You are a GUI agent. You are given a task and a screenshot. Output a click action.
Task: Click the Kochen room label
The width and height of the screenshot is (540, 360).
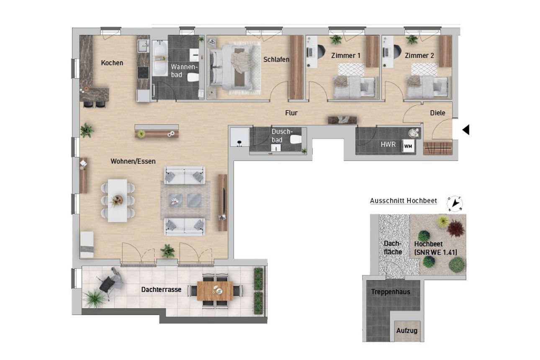pyautogui.click(x=112, y=63)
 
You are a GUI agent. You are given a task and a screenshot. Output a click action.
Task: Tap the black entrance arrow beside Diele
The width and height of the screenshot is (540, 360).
pyautogui.click(x=465, y=130)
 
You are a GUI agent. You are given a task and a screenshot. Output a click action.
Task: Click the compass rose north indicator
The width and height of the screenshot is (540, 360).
pyautogui.click(x=455, y=203)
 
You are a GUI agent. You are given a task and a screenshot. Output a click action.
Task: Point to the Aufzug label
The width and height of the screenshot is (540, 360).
pyautogui.click(x=407, y=331)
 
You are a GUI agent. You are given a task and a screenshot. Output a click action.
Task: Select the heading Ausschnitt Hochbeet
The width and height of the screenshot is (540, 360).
pyautogui.click(x=403, y=201)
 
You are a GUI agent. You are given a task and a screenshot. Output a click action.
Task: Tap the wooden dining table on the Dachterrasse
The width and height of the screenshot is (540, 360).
pyautogui.click(x=215, y=291)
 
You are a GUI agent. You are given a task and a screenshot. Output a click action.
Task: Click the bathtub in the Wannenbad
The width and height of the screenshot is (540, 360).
pyautogui.click(x=159, y=59)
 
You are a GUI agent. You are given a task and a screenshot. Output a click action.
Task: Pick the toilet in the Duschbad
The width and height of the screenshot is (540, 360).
pyautogui.click(x=296, y=140)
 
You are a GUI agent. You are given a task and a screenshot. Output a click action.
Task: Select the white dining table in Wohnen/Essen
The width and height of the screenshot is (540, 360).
pyautogui.click(x=117, y=200)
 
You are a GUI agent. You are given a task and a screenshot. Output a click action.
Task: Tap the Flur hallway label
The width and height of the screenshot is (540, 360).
pyautogui.click(x=291, y=113)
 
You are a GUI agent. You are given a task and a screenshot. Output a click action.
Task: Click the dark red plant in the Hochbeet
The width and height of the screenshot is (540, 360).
pyautogui.click(x=455, y=229)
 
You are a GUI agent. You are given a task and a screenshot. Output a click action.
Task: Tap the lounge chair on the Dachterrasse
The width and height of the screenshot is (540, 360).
pyautogui.click(x=111, y=283)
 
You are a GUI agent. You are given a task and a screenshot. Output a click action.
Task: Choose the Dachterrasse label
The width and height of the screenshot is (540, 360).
pyautogui.click(x=161, y=289)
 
